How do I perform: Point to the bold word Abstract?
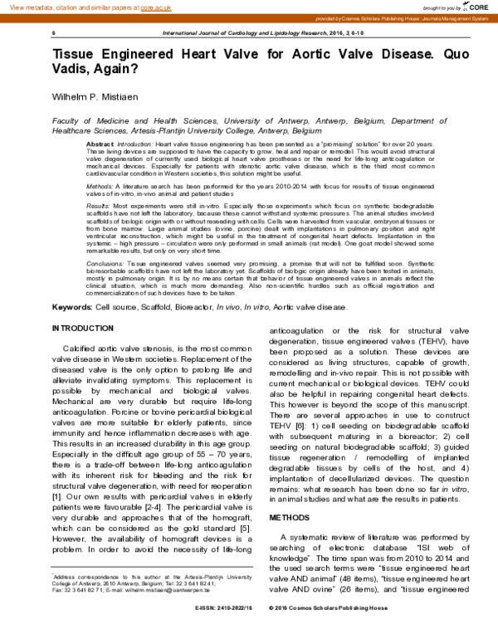pyautogui.click(x=100, y=144)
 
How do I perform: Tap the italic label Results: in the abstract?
pyautogui.click(x=99, y=204)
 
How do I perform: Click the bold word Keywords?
pyautogui.click(x=71, y=306)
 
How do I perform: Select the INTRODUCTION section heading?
pyautogui.click(x=83, y=328)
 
